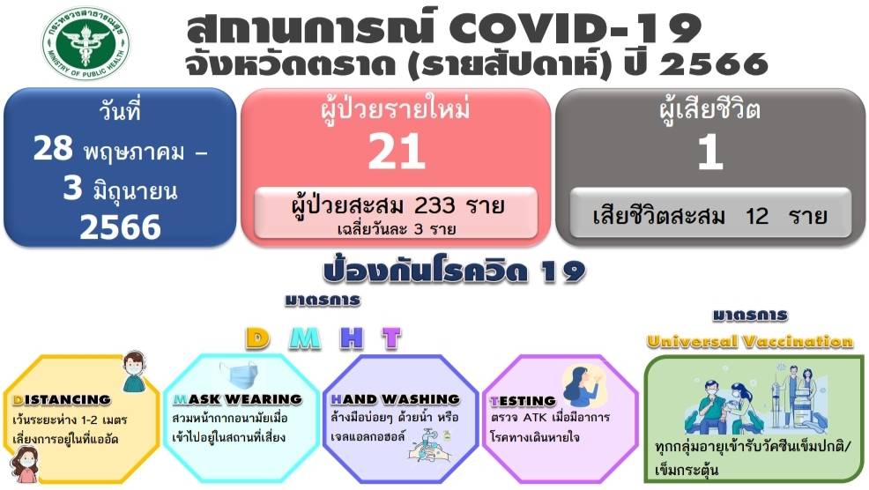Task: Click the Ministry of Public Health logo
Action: (x=85, y=43)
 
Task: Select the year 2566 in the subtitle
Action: (x=713, y=64)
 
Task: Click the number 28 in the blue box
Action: (x=53, y=148)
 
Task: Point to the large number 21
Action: (x=397, y=152)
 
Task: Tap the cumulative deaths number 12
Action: (x=756, y=216)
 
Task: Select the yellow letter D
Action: (x=257, y=338)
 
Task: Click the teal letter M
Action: (x=305, y=338)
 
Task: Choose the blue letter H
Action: (x=352, y=338)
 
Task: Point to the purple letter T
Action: (x=391, y=338)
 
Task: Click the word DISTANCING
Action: (x=62, y=399)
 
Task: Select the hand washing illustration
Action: (x=430, y=444)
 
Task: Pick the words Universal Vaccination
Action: (x=750, y=341)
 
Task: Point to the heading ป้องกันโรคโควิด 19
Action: (x=454, y=271)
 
